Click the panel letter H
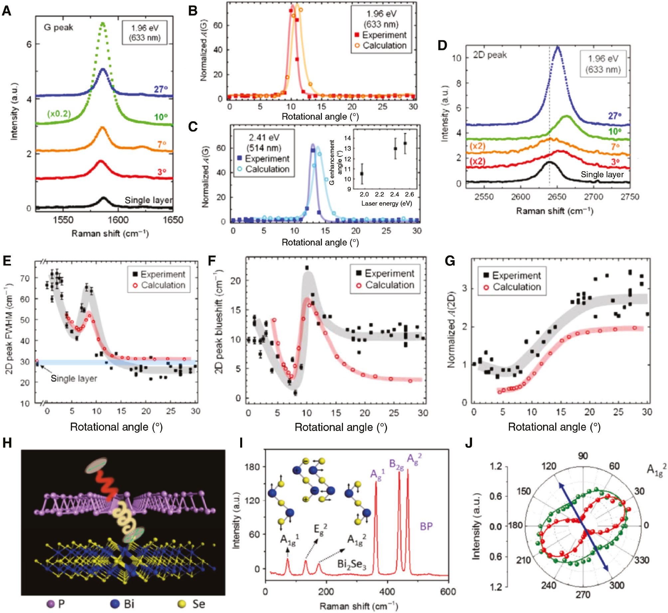[x=7, y=443]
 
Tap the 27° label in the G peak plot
[x=161, y=89]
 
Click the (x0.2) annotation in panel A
[x=59, y=114]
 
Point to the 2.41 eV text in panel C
[x=264, y=138]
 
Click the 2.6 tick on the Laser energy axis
[x=409, y=195]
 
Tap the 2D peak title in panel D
[x=490, y=55]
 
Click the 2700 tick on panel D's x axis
[x=593, y=197]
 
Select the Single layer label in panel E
[x=74, y=378]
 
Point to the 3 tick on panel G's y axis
[x=465, y=288]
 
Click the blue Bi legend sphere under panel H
[x=115, y=604]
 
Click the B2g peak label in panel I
[x=396, y=464]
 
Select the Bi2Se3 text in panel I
[x=352, y=564]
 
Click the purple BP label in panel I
[x=426, y=526]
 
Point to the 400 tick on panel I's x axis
[x=387, y=592]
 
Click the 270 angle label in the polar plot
[x=583, y=595]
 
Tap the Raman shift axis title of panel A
[x=110, y=233]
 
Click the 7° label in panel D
[x=615, y=146]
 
